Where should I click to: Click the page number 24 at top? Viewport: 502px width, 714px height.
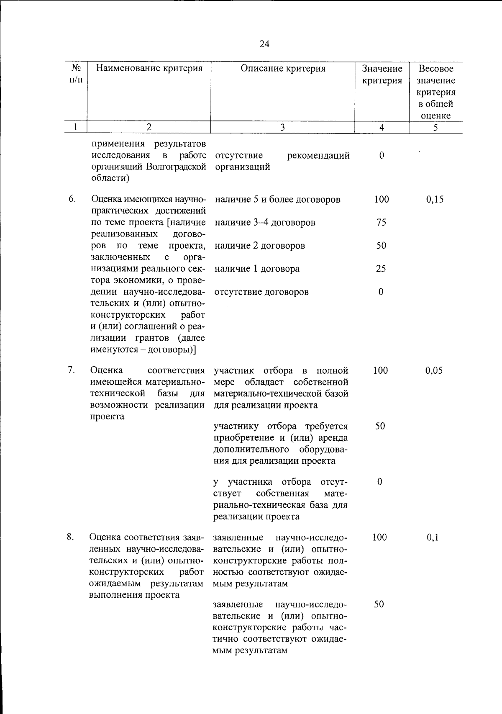[264, 44]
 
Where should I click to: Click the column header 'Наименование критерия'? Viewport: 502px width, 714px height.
[149, 69]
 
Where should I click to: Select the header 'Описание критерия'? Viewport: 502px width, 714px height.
[283, 69]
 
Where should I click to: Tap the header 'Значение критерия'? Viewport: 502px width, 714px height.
[382, 74]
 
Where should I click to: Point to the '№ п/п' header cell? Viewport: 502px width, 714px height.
[76, 74]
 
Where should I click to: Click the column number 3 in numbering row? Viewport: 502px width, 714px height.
[282, 128]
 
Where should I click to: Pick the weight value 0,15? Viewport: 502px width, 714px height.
[435, 200]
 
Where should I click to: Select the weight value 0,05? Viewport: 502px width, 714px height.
[434, 370]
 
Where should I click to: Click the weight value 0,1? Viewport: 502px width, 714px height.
[432, 538]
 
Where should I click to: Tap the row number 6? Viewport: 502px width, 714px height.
[72, 199]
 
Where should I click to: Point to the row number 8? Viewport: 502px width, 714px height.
[71, 537]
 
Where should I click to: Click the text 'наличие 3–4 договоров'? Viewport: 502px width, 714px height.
[265, 223]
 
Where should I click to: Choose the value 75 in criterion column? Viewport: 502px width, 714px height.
[381, 223]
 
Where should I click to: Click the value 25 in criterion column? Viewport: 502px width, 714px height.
[381, 269]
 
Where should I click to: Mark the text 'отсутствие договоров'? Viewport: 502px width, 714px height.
[261, 292]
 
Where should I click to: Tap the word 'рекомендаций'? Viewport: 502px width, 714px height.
[318, 156]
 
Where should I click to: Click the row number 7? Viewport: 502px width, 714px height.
[71, 370]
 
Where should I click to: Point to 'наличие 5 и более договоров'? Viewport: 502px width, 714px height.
[277, 200]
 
